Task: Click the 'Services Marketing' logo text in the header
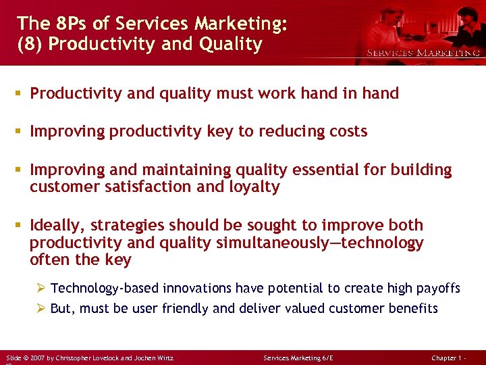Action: click(423, 53)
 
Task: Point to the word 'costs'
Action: click(346, 131)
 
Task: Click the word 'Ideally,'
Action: click(57, 225)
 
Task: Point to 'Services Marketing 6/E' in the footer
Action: click(299, 357)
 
